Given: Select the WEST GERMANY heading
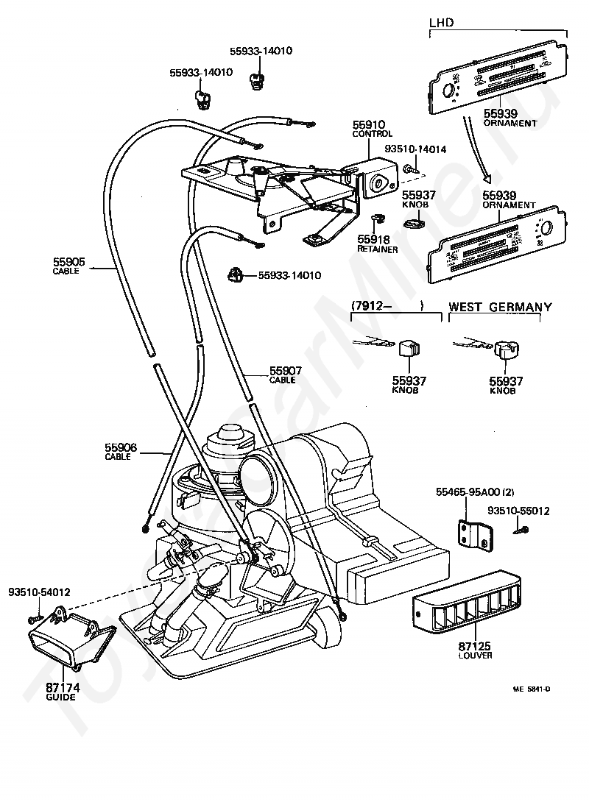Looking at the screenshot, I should (x=500, y=307).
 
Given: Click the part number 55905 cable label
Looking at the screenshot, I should (x=69, y=261).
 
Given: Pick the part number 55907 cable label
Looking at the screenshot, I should (x=282, y=372).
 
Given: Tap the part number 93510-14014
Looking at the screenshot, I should (x=415, y=149).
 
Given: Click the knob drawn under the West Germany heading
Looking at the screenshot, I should (x=504, y=349).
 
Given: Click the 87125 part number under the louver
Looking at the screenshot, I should (x=474, y=646).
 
